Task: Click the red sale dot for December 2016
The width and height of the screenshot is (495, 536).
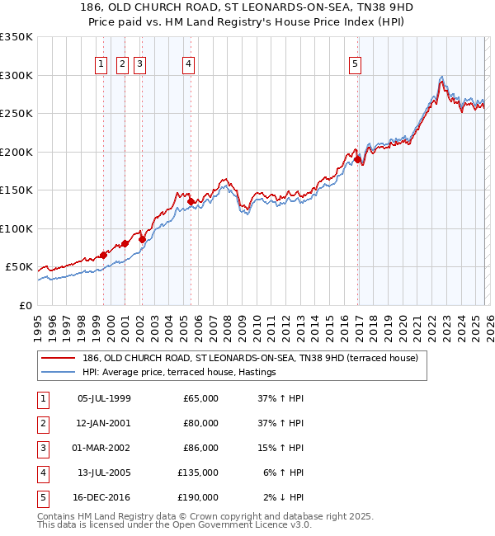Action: point(358,160)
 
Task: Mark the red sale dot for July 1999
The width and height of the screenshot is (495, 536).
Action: point(103,255)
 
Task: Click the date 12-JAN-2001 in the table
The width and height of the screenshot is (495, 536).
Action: point(103,424)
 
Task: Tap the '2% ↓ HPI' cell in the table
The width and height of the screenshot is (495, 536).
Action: point(285,498)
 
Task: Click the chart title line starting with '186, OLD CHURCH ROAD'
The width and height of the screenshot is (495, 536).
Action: point(247,9)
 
